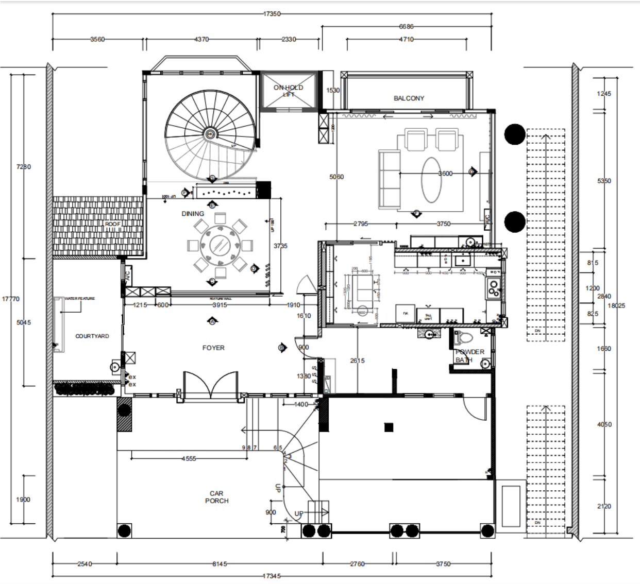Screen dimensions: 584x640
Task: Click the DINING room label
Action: pyautogui.click(x=193, y=214)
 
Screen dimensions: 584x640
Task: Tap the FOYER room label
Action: pyautogui.click(x=213, y=348)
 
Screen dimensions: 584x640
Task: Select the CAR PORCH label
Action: pyautogui.click(x=216, y=497)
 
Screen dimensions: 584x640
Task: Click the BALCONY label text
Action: pyautogui.click(x=409, y=98)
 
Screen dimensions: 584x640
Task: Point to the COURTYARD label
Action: pyautogui.click(x=92, y=336)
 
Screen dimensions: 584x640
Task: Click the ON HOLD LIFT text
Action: pyautogui.click(x=288, y=91)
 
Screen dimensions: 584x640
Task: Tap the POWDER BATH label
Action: pyautogui.click(x=469, y=356)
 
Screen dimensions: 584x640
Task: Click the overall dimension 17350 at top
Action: pyautogui.click(x=272, y=14)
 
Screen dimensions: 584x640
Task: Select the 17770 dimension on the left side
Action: pyautogui.click(x=10, y=299)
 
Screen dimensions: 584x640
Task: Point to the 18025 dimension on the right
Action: pyautogui.click(x=616, y=306)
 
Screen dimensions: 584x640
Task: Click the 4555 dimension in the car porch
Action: pyautogui.click(x=189, y=458)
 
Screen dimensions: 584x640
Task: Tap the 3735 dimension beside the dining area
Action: pyautogui.click(x=280, y=246)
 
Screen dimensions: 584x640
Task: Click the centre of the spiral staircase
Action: pyautogui.click(x=210, y=134)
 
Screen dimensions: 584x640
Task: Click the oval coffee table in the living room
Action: pyautogui.click(x=431, y=180)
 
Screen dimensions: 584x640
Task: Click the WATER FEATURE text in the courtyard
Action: pyautogui.click(x=79, y=299)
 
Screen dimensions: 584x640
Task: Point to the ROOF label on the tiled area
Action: pyautogui.click(x=112, y=224)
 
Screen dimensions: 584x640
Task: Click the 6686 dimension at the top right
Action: pyautogui.click(x=406, y=26)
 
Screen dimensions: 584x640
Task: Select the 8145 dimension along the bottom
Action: pyautogui.click(x=220, y=564)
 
